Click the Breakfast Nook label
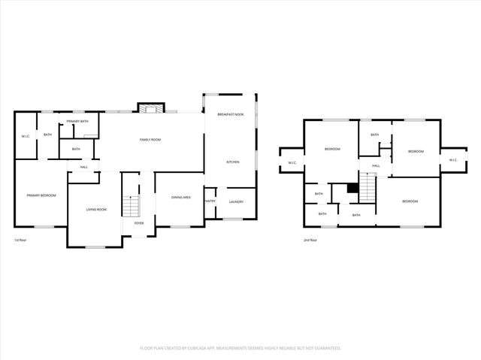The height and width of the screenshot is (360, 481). (x=231, y=114)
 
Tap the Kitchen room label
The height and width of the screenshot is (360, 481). (x=233, y=162)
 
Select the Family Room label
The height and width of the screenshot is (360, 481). (x=150, y=140)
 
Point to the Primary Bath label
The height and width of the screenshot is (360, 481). (x=77, y=122)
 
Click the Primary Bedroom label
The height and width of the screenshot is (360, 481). (x=41, y=195)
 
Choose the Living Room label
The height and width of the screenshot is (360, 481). (x=95, y=209)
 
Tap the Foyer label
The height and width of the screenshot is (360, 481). (x=139, y=223)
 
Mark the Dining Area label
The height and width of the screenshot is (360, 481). (x=180, y=198)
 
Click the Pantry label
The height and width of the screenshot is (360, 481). (x=210, y=201)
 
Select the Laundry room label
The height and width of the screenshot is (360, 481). (x=235, y=201)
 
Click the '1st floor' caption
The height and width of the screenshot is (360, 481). (x=20, y=241)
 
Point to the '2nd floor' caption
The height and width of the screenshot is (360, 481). (x=310, y=241)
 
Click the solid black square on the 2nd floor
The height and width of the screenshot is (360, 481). (x=351, y=189)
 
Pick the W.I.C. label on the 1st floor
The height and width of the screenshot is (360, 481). (x=25, y=136)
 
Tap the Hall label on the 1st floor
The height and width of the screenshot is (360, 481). (x=84, y=167)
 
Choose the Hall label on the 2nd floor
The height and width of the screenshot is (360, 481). (x=376, y=165)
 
